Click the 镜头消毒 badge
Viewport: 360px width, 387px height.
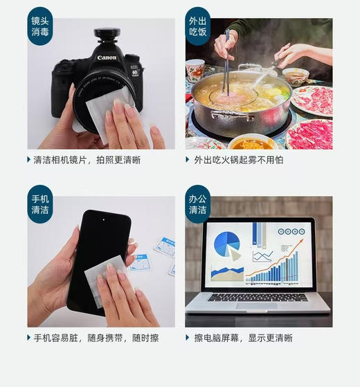(39, 26)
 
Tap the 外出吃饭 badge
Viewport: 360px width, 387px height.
(197, 26)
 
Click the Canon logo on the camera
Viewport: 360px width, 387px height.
(107, 57)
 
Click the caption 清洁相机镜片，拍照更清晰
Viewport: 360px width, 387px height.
(89, 160)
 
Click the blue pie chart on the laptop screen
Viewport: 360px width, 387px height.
(226, 244)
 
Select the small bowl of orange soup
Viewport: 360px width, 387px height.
(251, 143)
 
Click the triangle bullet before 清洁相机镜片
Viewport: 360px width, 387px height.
(29, 160)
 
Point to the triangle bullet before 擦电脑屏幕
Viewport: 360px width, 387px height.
(187, 338)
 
